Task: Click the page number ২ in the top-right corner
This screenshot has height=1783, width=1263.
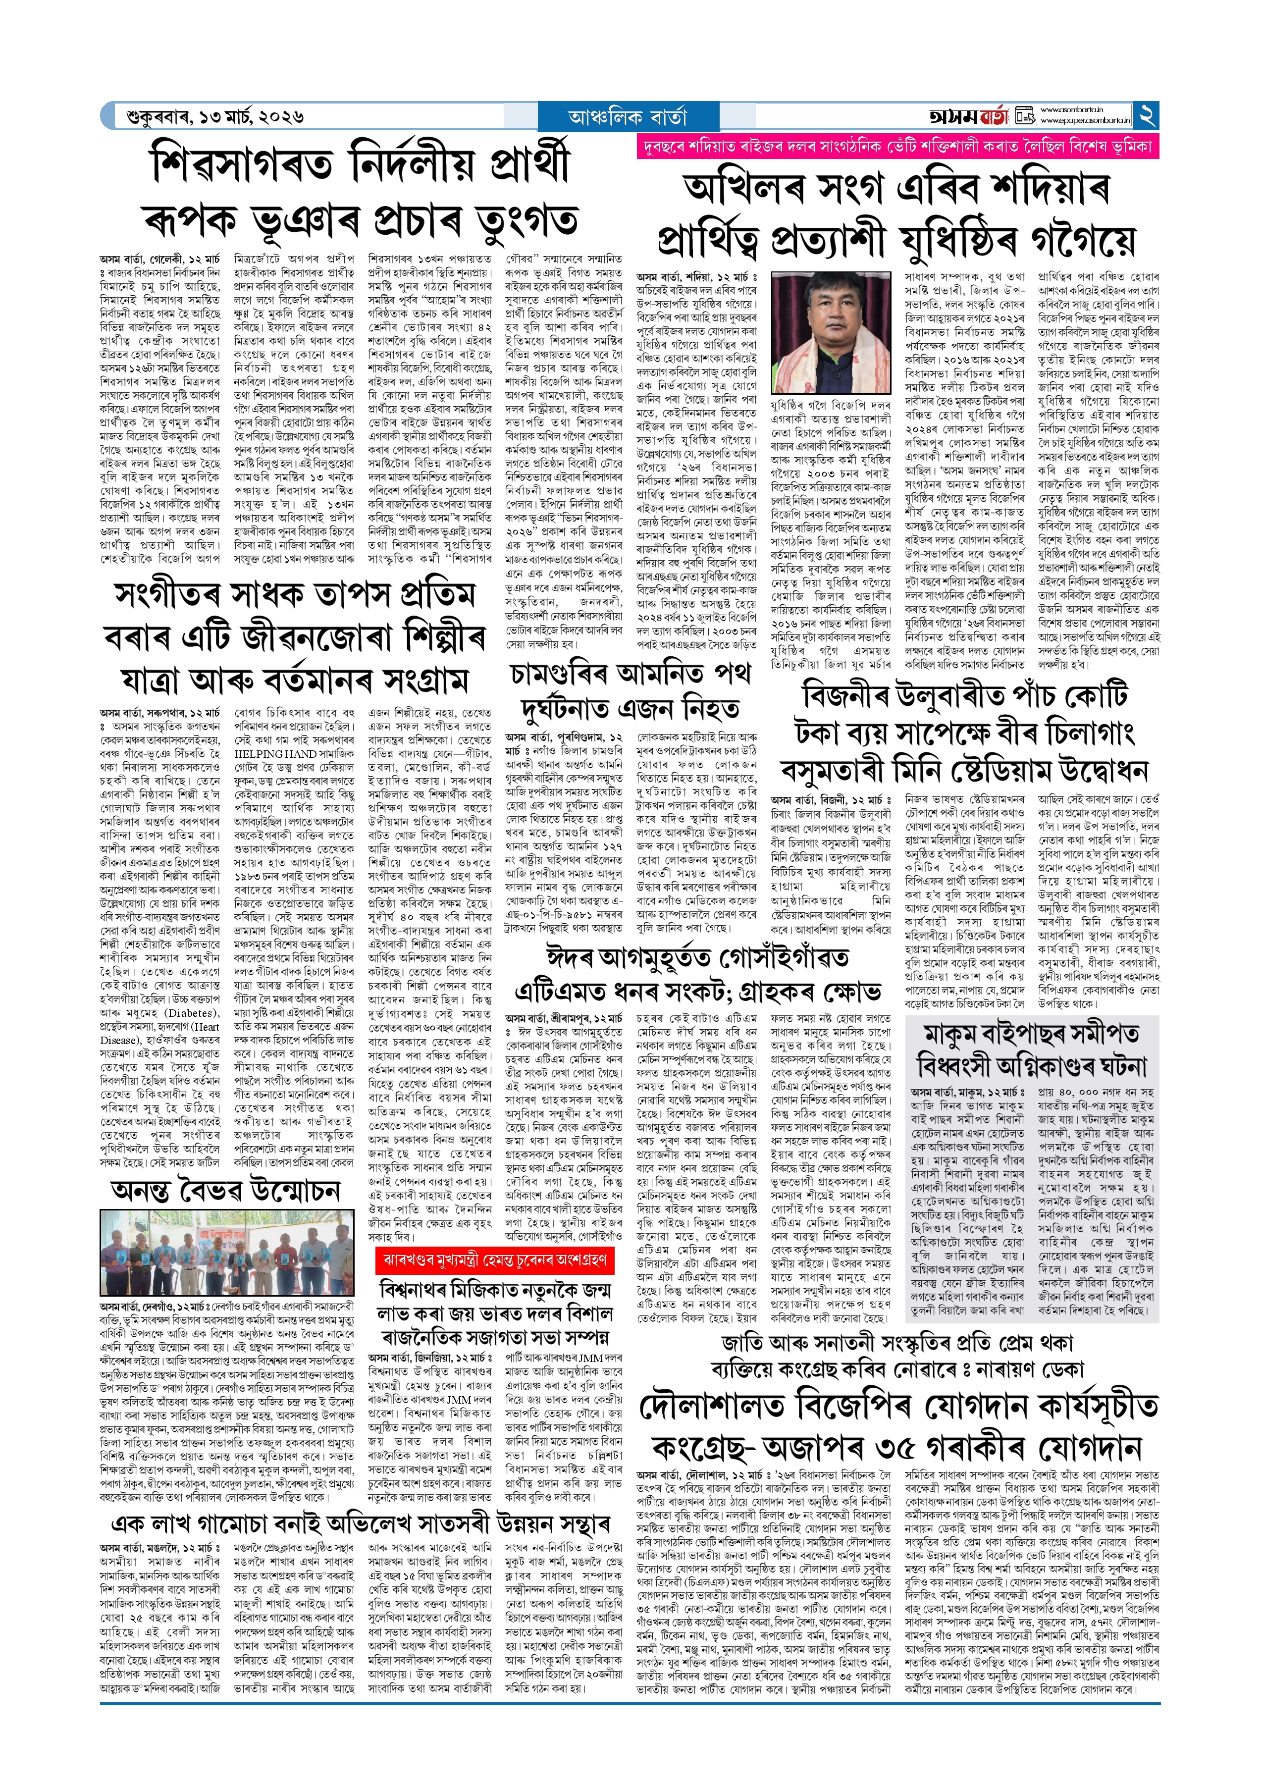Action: point(1146,116)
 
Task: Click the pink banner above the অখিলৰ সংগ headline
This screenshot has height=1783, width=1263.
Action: point(896,146)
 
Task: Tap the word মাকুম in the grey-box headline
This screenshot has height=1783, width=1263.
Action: point(962,1034)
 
